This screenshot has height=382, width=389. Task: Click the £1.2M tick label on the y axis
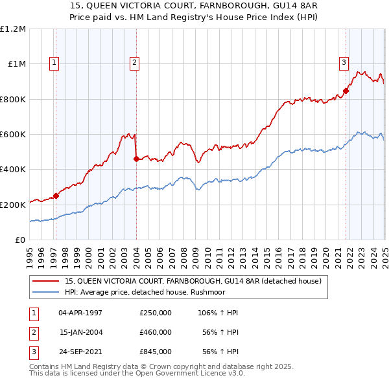click(13, 29)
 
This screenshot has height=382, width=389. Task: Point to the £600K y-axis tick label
click(13, 135)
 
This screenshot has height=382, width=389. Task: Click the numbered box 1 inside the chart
click(54, 63)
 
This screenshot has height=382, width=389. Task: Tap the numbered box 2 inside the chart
click(134, 63)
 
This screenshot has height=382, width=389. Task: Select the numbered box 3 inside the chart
click(343, 63)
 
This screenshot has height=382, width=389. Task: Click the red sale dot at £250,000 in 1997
click(56, 196)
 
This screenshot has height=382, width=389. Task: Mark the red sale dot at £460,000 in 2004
click(136, 159)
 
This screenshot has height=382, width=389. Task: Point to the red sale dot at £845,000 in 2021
click(346, 91)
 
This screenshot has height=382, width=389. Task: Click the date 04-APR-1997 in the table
click(80, 313)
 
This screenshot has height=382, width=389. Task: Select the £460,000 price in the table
click(156, 332)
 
